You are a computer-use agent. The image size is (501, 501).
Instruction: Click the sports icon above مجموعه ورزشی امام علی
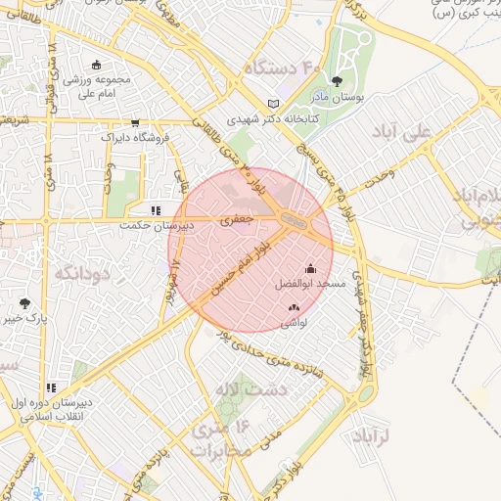(96, 66)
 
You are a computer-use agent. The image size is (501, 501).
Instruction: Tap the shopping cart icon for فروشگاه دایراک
(134, 123)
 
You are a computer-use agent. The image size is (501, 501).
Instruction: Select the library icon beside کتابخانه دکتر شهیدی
(273, 104)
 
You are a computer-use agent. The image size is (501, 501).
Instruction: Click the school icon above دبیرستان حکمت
(156, 210)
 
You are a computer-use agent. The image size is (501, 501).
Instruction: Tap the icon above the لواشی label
(294, 308)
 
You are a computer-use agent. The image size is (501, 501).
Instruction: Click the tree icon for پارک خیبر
(24, 304)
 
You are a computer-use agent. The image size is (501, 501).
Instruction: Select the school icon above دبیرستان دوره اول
(51, 388)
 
